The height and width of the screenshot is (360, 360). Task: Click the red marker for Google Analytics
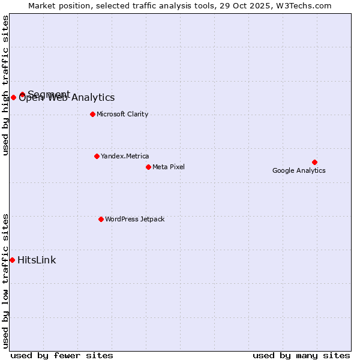point(314,162)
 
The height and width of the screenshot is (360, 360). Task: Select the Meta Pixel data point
point(148,167)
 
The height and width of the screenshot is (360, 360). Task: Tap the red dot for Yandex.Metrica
point(97,156)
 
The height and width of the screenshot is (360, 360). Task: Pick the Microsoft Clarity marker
point(92,114)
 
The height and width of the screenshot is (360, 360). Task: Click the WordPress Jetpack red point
point(101,219)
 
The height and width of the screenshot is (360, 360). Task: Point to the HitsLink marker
point(12,260)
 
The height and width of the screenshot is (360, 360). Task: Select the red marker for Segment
point(22,94)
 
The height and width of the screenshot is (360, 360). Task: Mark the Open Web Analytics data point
point(13,98)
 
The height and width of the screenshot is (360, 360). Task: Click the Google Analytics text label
point(299,170)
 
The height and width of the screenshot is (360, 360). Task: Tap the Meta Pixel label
point(169,167)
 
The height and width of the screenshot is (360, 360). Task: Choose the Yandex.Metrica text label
point(125,156)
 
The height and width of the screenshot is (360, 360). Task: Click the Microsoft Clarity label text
point(122,114)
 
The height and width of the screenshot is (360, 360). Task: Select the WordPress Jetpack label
point(134,219)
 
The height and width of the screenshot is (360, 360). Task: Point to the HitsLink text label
point(37,260)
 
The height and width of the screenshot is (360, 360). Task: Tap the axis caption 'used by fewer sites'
point(62,355)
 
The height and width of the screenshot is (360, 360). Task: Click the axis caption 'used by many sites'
point(301,355)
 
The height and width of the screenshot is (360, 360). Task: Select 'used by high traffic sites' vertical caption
point(5,85)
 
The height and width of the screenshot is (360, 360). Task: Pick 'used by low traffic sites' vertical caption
point(5,281)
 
